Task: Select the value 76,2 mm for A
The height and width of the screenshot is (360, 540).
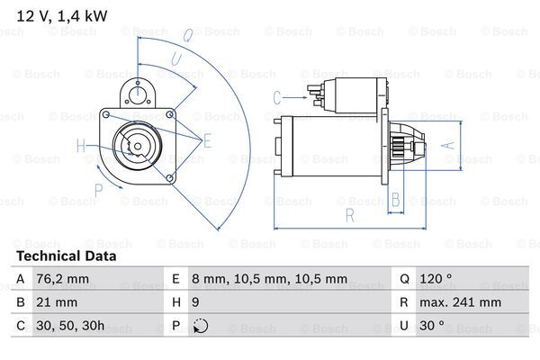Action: (x=62, y=280)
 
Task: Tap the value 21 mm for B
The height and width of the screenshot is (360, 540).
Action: (x=55, y=303)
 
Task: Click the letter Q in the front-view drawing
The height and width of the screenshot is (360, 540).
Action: (x=187, y=37)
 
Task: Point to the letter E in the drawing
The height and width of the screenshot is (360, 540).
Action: (x=207, y=139)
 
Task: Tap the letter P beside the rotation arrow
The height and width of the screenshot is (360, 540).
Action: (x=99, y=190)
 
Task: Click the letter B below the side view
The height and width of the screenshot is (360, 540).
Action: (x=395, y=200)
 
